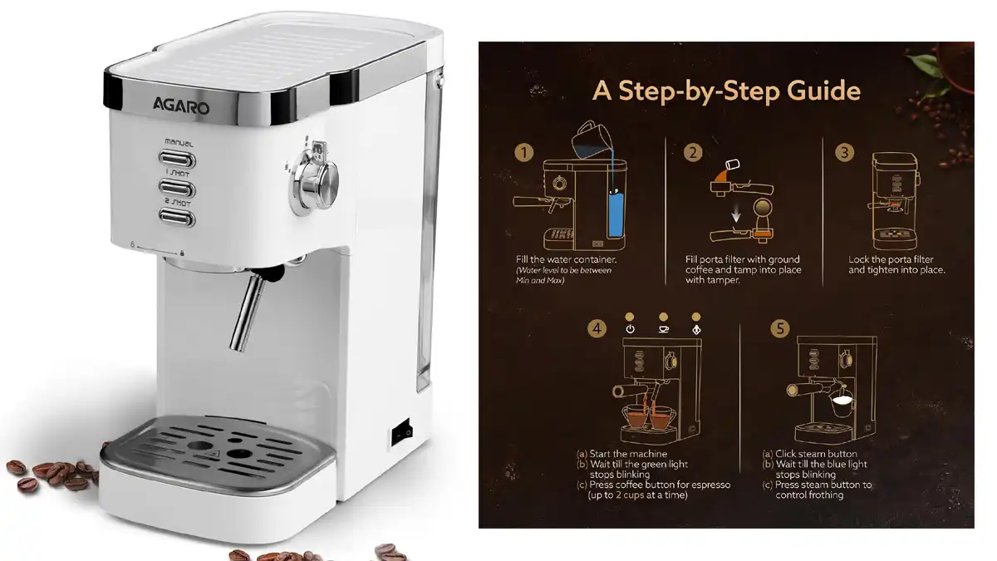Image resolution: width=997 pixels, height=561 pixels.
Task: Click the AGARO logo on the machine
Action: pyautogui.click(x=181, y=106)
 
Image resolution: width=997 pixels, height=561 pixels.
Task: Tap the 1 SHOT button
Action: pyautogui.click(x=177, y=189)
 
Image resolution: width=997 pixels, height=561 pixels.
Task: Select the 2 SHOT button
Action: pyautogui.click(x=177, y=218)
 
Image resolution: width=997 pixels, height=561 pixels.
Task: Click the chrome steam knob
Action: pyautogui.click(x=314, y=180)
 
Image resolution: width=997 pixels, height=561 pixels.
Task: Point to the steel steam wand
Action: pyautogui.click(x=249, y=311)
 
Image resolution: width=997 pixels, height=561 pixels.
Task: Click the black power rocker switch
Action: pyautogui.click(x=401, y=432)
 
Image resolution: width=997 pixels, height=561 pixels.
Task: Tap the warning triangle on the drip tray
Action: pyautogui.click(x=214, y=455)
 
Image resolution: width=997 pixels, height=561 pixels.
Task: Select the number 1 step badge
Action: pyautogui.click(x=524, y=153)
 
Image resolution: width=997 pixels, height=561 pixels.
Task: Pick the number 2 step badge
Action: pyautogui.click(x=693, y=153)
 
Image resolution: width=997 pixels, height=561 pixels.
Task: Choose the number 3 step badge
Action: pyautogui.click(x=844, y=153)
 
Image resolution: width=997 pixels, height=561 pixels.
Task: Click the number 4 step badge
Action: pyautogui.click(x=597, y=329)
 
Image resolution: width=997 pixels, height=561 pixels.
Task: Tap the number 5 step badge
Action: pyautogui.click(x=780, y=329)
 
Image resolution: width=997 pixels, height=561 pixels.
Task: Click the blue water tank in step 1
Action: pyautogui.click(x=615, y=214)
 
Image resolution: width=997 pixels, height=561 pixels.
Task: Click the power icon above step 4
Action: pyautogui.click(x=630, y=329)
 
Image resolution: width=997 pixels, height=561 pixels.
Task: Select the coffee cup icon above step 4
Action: pyautogui.click(x=663, y=329)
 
